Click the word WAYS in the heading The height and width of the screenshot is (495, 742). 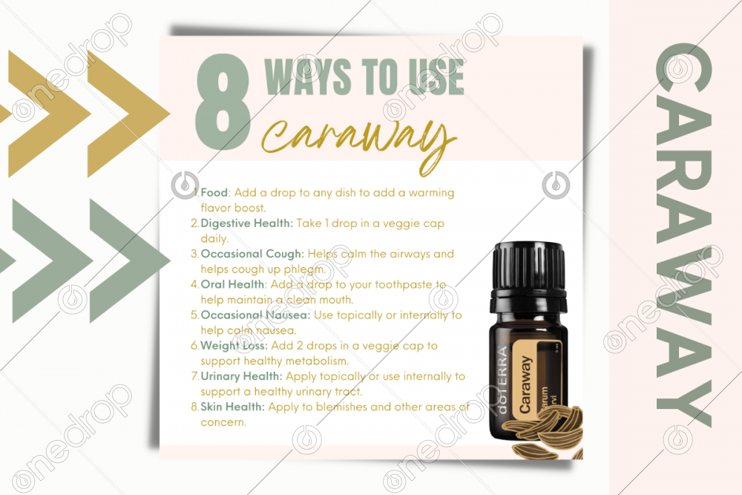click(x=308, y=77)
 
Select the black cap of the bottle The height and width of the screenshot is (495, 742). click(x=529, y=269)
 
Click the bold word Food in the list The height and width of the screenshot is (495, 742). click(x=214, y=193)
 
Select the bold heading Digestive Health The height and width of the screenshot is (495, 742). click(x=247, y=223)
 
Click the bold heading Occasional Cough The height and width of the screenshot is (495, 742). click(x=252, y=254)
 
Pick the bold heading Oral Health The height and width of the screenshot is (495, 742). click(x=233, y=284)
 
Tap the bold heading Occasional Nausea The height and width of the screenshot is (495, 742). click(x=255, y=315)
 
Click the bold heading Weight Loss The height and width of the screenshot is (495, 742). click(x=234, y=346)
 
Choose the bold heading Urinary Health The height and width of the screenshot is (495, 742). click(x=241, y=377)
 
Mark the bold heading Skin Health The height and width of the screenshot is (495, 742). click(x=233, y=407)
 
